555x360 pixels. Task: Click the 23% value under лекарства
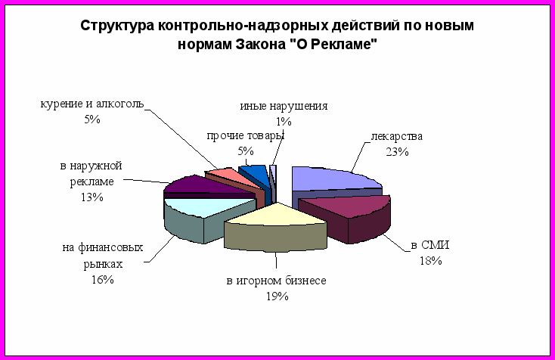(397, 152)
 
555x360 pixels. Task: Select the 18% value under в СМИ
(431, 261)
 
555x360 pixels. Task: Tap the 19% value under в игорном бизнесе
(277, 296)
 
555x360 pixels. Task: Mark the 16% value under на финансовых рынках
(103, 280)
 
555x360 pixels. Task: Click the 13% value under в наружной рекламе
(92, 197)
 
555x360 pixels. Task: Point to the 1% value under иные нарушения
(284, 122)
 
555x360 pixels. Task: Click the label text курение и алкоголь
(92, 104)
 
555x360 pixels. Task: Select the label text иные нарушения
(284, 106)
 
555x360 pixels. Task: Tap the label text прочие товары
(246, 136)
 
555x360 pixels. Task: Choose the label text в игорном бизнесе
(277, 281)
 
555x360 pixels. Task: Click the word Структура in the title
(117, 26)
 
